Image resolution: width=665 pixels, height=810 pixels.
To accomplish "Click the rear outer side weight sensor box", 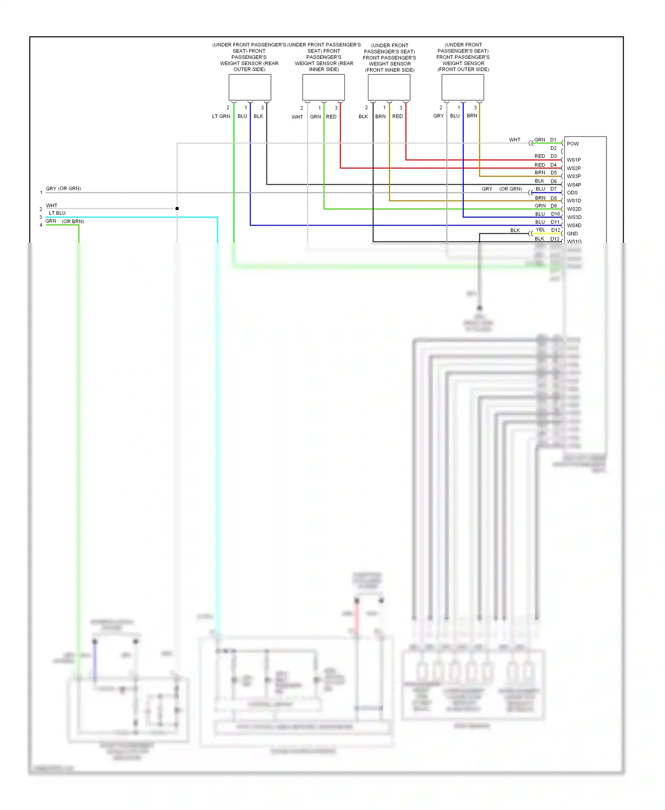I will [x=250, y=87].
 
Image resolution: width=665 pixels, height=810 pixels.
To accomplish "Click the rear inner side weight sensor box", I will [x=323, y=87].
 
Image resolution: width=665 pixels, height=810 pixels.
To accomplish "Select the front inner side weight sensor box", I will [x=389, y=87].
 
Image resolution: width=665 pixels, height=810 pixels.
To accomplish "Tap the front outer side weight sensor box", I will [x=462, y=87].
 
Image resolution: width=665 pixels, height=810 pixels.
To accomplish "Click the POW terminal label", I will [x=572, y=144].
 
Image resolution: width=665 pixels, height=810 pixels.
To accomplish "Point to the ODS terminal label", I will [x=572, y=193].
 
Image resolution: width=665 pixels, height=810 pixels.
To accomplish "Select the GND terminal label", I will [x=572, y=234].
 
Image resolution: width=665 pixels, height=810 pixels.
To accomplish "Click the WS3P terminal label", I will [x=573, y=176].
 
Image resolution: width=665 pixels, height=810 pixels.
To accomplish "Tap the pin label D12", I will [x=555, y=230].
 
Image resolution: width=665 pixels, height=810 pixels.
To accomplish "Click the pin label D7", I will [x=553, y=189].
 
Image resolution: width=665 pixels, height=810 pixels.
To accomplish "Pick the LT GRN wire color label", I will [x=221, y=117].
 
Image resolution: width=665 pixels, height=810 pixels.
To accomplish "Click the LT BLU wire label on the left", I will [x=57, y=213].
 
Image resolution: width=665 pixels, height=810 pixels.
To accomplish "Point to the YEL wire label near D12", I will [x=540, y=230].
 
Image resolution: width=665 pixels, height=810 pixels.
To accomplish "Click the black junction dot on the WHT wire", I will [x=177, y=208].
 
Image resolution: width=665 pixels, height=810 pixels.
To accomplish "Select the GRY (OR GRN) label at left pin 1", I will [x=63, y=189].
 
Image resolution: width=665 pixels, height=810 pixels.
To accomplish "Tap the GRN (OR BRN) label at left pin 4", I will [x=65, y=221].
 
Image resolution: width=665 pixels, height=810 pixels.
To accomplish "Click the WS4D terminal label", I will [x=574, y=226].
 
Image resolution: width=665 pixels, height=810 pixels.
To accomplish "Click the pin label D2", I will [x=553, y=148].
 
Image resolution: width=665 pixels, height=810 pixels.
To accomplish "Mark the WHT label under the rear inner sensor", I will [x=297, y=117].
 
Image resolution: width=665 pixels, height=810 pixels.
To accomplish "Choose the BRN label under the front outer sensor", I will [x=472, y=116].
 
